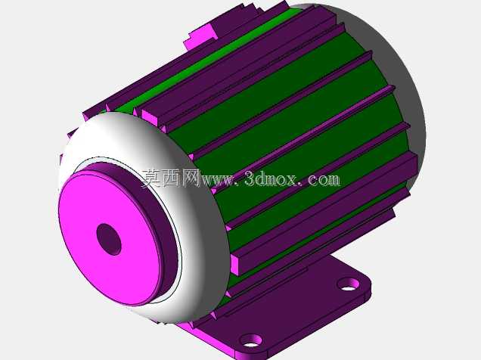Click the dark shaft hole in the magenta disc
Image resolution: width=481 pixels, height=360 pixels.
click(x=109, y=239)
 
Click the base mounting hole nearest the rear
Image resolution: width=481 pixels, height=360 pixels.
click(x=348, y=284)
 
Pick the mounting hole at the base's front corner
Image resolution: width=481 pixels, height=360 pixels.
click(x=250, y=340)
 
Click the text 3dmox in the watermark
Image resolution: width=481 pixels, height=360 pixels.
click(x=271, y=178)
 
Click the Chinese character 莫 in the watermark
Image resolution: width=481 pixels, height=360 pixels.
click(x=151, y=178)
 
